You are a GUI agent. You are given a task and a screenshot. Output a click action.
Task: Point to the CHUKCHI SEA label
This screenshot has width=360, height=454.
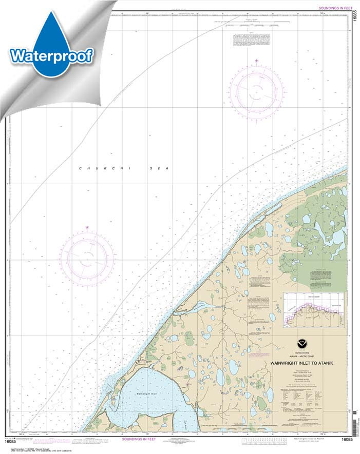(x=123, y=169)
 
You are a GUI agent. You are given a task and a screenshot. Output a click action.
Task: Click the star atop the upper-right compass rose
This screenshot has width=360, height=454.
(x=256, y=61)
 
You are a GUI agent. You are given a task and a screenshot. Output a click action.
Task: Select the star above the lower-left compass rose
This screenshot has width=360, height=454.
(x=87, y=227)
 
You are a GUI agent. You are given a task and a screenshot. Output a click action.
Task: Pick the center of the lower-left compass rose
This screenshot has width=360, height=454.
(x=87, y=255)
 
